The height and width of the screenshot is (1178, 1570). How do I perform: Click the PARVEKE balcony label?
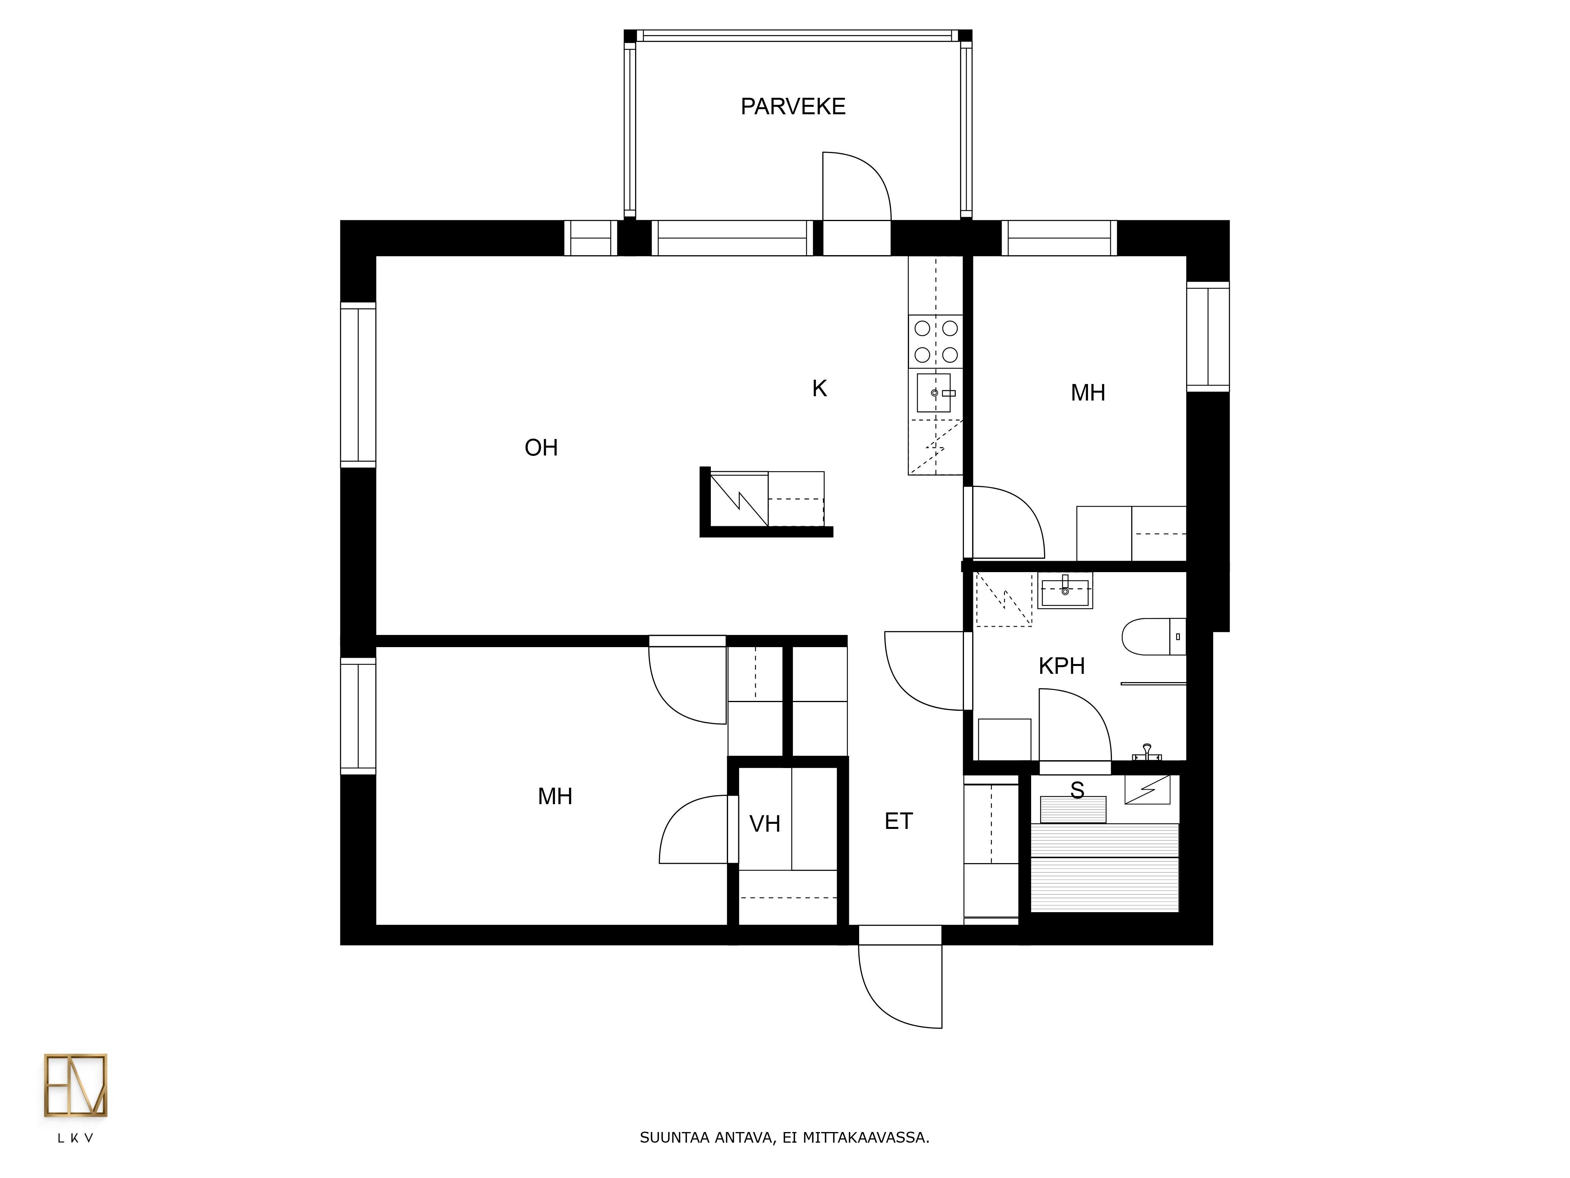tap(793, 106)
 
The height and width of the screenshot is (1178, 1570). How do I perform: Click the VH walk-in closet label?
tap(765, 824)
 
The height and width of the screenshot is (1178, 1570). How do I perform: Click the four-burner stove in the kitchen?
tap(935, 342)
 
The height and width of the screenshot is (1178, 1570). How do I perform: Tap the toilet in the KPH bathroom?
tap(1154, 636)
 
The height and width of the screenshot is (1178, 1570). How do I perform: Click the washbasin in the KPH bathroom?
tap(1064, 591)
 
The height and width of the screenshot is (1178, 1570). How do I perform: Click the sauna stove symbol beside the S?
tap(1147, 790)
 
